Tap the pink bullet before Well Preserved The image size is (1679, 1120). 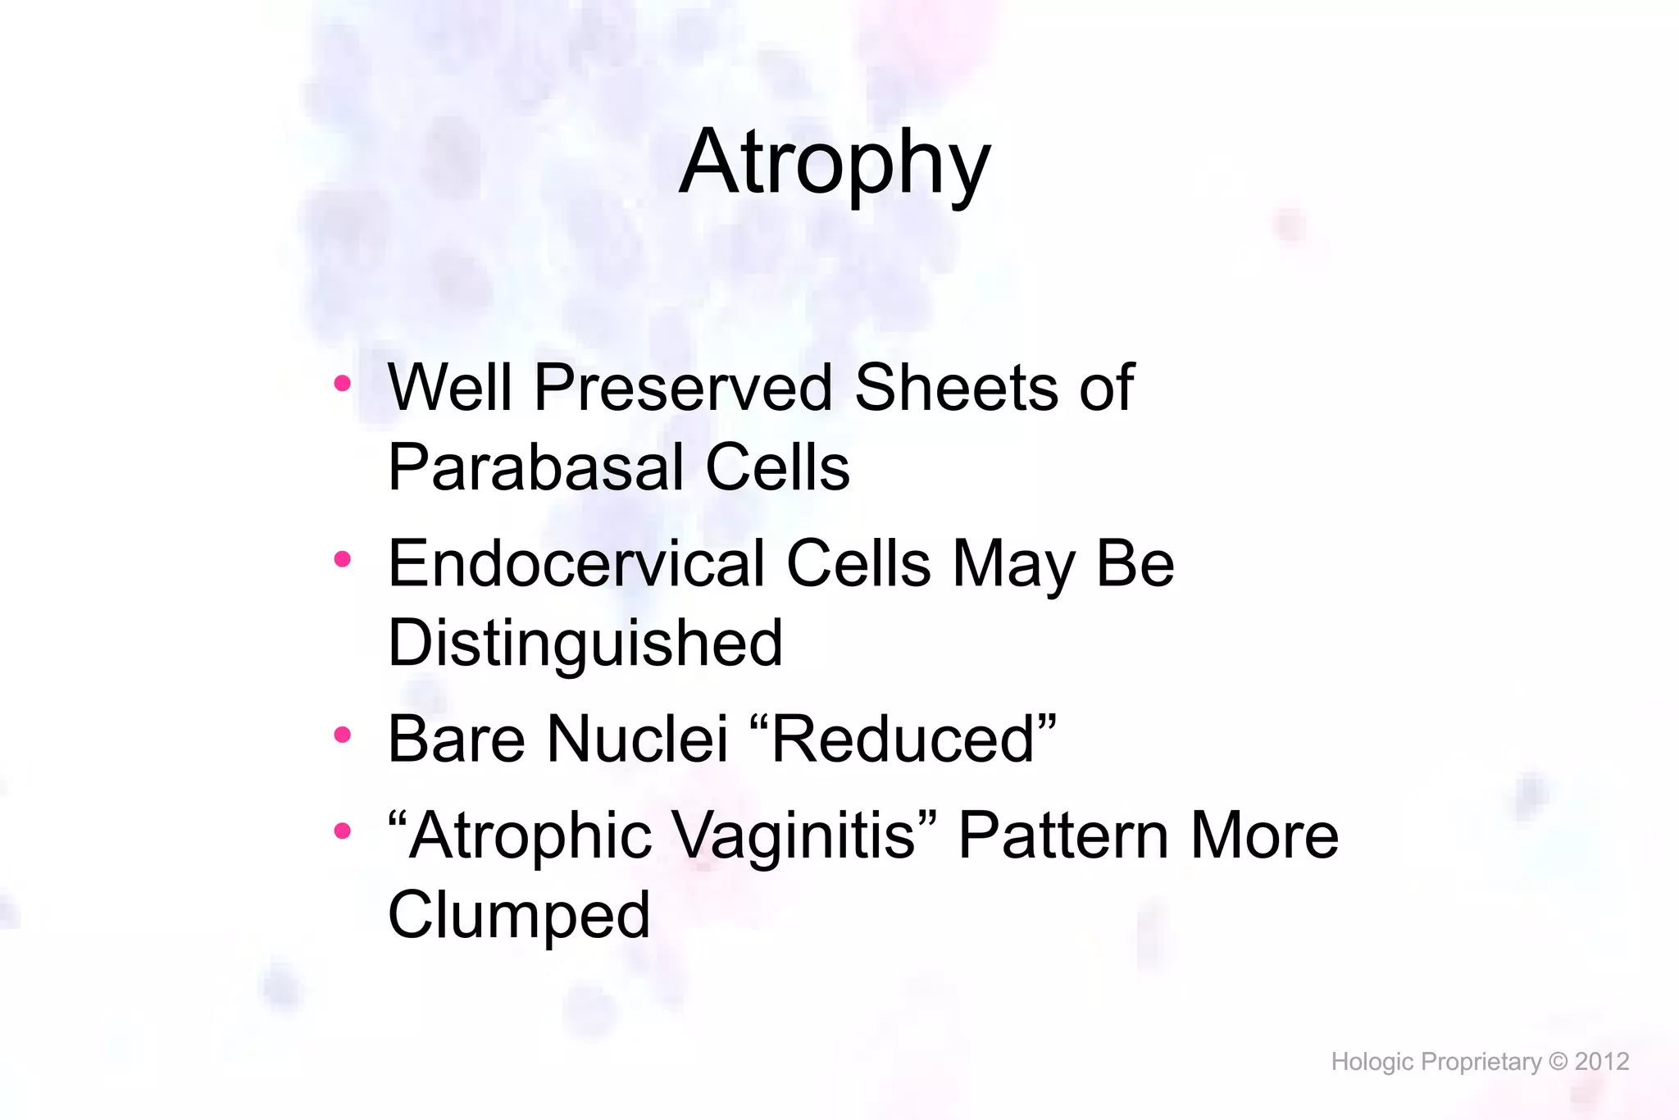(x=343, y=383)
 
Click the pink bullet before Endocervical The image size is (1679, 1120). (x=343, y=559)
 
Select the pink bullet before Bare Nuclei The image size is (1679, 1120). (x=343, y=735)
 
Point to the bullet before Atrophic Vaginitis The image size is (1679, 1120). (x=343, y=831)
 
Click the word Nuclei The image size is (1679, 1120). (x=637, y=740)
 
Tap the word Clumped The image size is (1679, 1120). (x=518, y=916)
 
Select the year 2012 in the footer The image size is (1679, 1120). (x=1601, y=1062)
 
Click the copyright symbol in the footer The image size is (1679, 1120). (x=1558, y=1062)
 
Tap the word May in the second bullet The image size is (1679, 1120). (x=1014, y=564)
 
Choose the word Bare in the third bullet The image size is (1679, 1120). (x=456, y=740)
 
